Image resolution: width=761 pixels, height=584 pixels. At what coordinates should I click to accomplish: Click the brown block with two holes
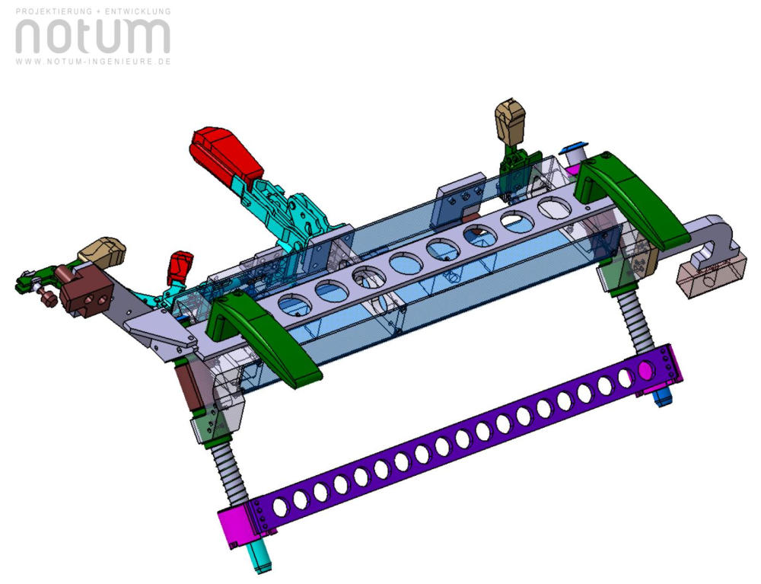pyautogui.click(x=86, y=292)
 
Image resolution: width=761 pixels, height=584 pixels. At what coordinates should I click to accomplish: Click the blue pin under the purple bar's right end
pyautogui.click(x=663, y=397)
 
